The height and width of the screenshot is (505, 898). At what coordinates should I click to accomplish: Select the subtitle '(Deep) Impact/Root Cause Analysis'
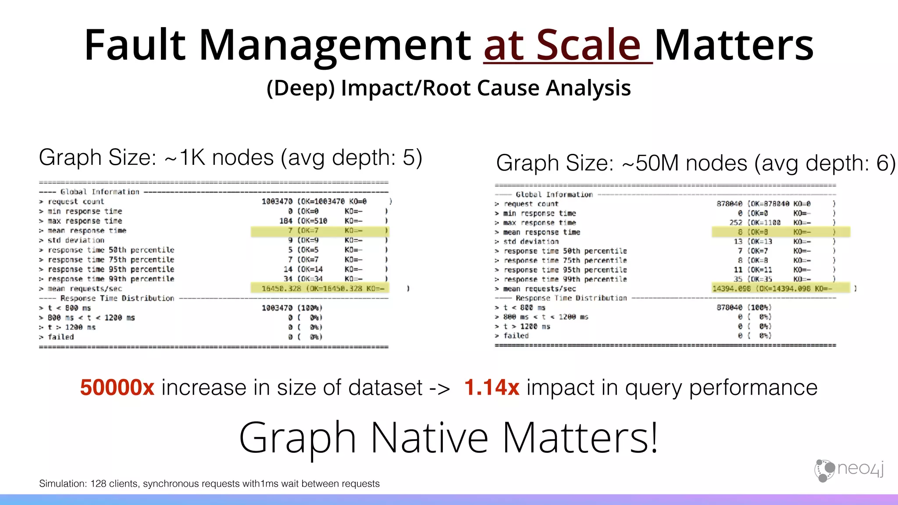[x=449, y=88]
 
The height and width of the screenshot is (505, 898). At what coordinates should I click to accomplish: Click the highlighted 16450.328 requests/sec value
[x=282, y=288]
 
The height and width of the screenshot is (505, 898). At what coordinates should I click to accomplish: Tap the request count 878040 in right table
[x=729, y=204]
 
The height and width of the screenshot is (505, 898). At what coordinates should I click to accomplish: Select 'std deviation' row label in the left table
[x=76, y=240]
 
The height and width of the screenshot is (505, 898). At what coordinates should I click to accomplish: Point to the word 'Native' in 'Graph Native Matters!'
[x=429, y=438]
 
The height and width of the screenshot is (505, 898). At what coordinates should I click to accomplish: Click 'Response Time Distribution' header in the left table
[x=117, y=298]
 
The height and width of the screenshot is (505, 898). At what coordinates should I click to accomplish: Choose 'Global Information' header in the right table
[x=554, y=195]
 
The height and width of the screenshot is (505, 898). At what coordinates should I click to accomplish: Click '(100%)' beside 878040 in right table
[x=759, y=308]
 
